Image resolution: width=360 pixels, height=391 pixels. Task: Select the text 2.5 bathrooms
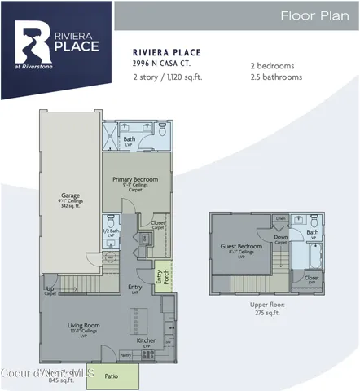(x=276, y=77)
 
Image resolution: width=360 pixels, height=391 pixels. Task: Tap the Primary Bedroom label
(x=135, y=179)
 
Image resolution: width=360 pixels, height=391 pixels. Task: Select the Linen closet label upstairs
(x=279, y=219)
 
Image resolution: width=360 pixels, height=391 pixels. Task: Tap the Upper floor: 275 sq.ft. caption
(x=266, y=309)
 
